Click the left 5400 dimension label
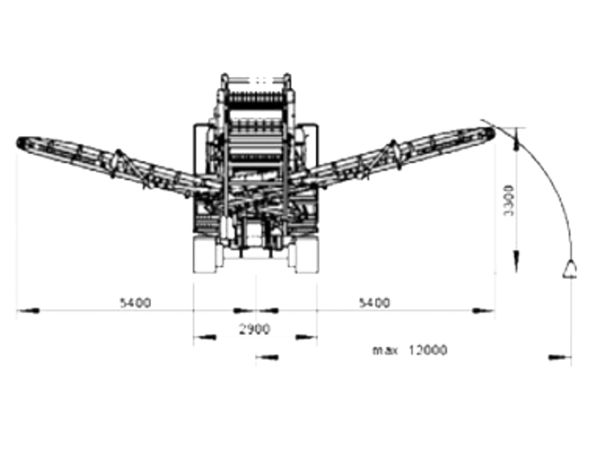click(x=135, y=303)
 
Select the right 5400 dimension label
click(x=374, y=303)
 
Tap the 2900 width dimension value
click(x=254, y=329)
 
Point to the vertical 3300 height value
click(x=509, y=200)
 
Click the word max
click(x=385, y=350)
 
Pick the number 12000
click(x=427, y=350)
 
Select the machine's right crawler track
click(x=307, y=254)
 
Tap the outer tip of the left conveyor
click(x=18, y=142)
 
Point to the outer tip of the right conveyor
click(x=493, y=133)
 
